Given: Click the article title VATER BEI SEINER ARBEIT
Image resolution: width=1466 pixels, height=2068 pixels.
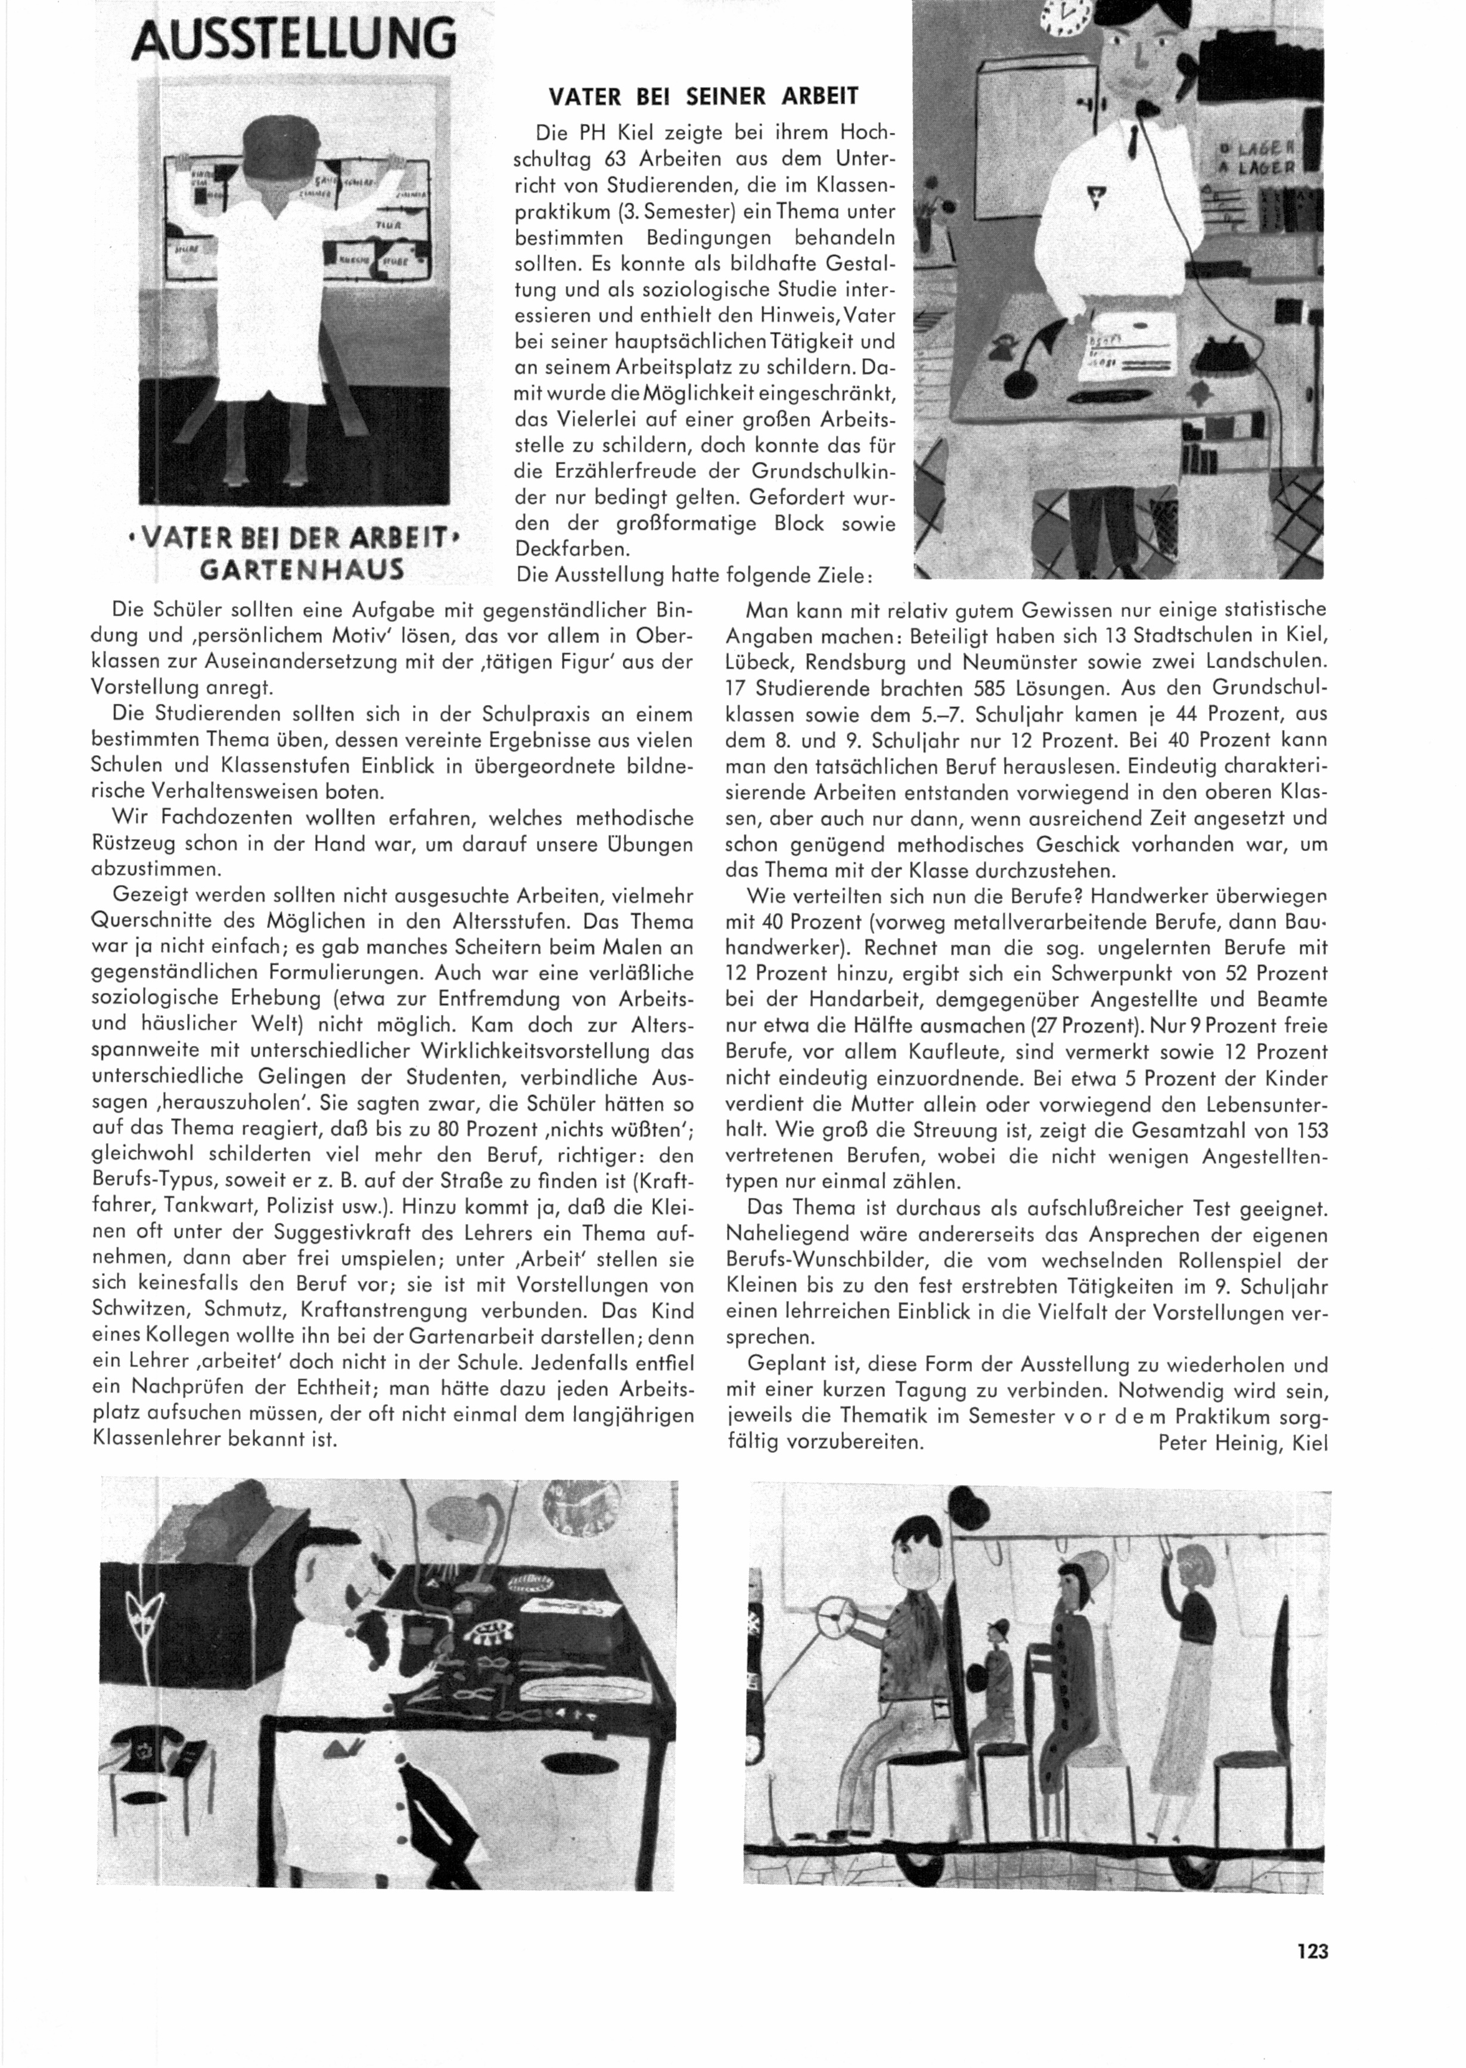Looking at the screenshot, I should [704, 96].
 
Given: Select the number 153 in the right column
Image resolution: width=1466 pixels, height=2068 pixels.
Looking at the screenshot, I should [1310, 1130].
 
